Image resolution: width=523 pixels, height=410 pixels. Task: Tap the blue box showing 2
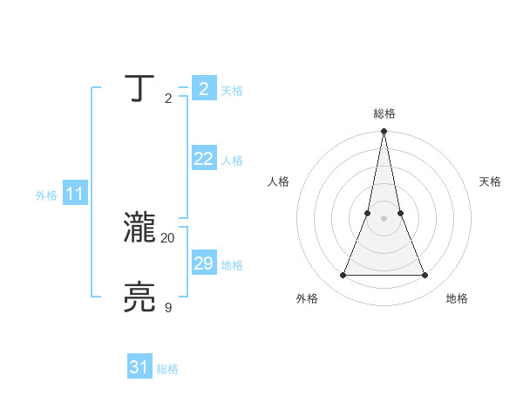click(x=203, y=89)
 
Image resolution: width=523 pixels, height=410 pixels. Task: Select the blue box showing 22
click(x=203, y=159)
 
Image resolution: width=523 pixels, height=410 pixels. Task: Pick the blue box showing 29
click(x=203, y=263)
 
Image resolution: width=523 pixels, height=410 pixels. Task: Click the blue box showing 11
click(x=75, y=195)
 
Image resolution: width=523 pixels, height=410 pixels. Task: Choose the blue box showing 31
click(x=139, y=367)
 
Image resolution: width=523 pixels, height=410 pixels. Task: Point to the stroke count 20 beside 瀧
click(x=167, y=237)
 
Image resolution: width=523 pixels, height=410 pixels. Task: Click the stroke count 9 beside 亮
click(x=168, y=307)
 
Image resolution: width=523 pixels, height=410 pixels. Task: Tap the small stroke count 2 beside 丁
click(x=168, y=98)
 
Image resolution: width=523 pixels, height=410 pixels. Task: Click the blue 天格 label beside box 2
click(x=231, y=91)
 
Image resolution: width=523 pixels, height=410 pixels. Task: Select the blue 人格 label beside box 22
click(x=231, y=161)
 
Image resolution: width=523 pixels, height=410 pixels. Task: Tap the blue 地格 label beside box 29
click(x=231, y=265)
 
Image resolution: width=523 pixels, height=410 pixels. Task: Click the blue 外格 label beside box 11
click(x=46, y=196)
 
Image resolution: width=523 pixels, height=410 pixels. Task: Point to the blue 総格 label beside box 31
click(x=167, y=369)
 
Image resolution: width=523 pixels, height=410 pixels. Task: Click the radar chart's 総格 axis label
click(x=384, y=113)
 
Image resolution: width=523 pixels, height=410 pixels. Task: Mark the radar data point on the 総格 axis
click(x=384, y=132)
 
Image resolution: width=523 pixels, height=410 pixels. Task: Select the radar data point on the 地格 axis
click(x=425, y=276)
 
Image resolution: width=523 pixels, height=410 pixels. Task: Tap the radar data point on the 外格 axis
click(x=343, y=276)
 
